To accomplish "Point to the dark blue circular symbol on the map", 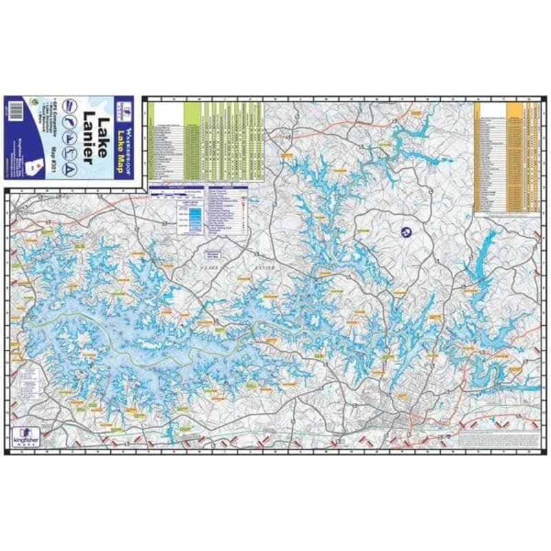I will [404, 233].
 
